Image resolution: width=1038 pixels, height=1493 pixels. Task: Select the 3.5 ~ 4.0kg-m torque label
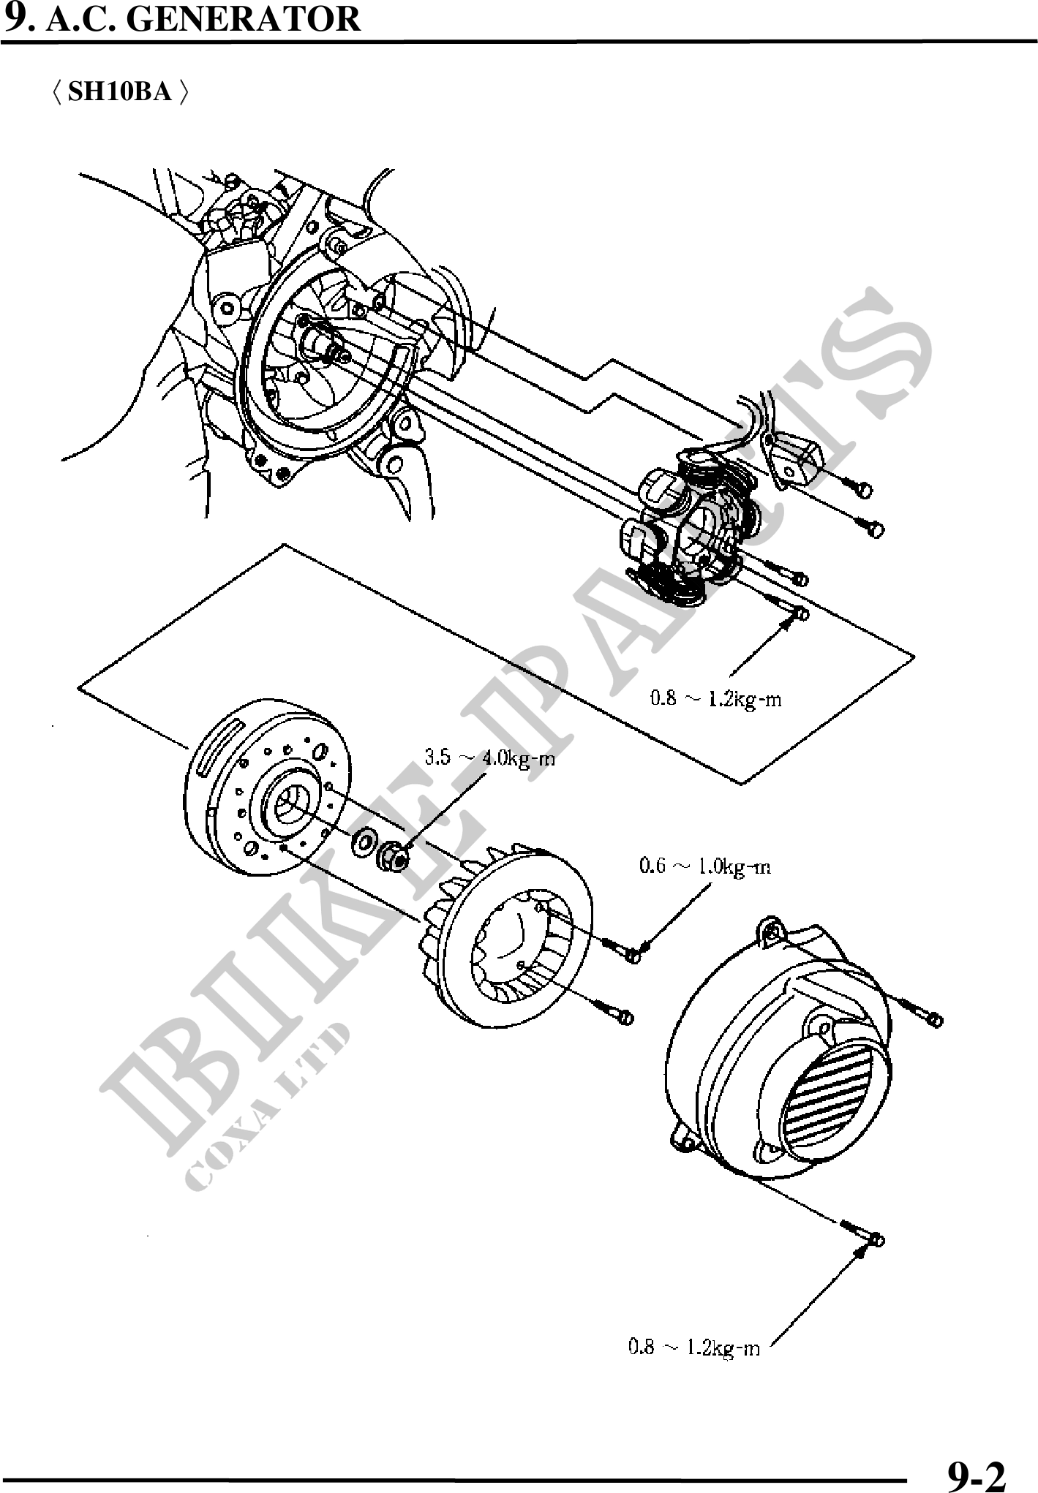pyautogui.click(x=490, y=758)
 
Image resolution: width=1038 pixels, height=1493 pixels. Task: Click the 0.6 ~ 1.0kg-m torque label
pyautogui.click(x=704, y=866)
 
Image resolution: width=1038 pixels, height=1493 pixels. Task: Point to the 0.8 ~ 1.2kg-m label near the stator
pyautogui.click(x=716, y=699)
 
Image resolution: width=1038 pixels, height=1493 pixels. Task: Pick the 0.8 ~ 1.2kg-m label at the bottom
pyautogui.click(x=694, y=1347)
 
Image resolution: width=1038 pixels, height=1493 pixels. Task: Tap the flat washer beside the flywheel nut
pyautogui.click(x=363, y=843)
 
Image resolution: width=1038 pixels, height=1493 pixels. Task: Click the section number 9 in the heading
pyautogui.click(x=15, y=18)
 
